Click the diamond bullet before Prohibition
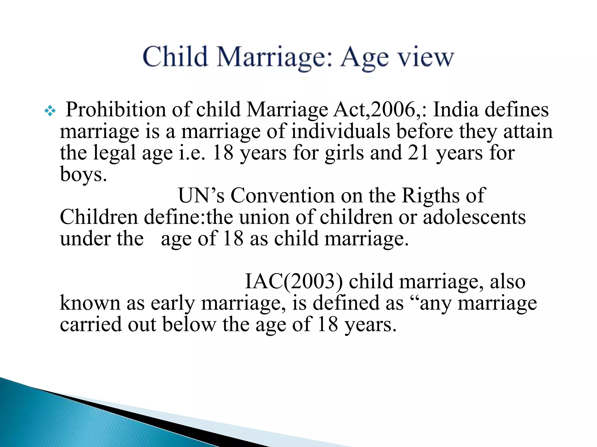[50, 111]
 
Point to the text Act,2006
[377, 110]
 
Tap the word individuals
[340, 131]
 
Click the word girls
[344, 153]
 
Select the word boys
[83, 175]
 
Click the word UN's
[201, 195]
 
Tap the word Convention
[282, 195]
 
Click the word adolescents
[474, 217]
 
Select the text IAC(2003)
[294, 281]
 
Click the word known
[90, 303]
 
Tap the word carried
[90, 324]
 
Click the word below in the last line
[189, 324]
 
